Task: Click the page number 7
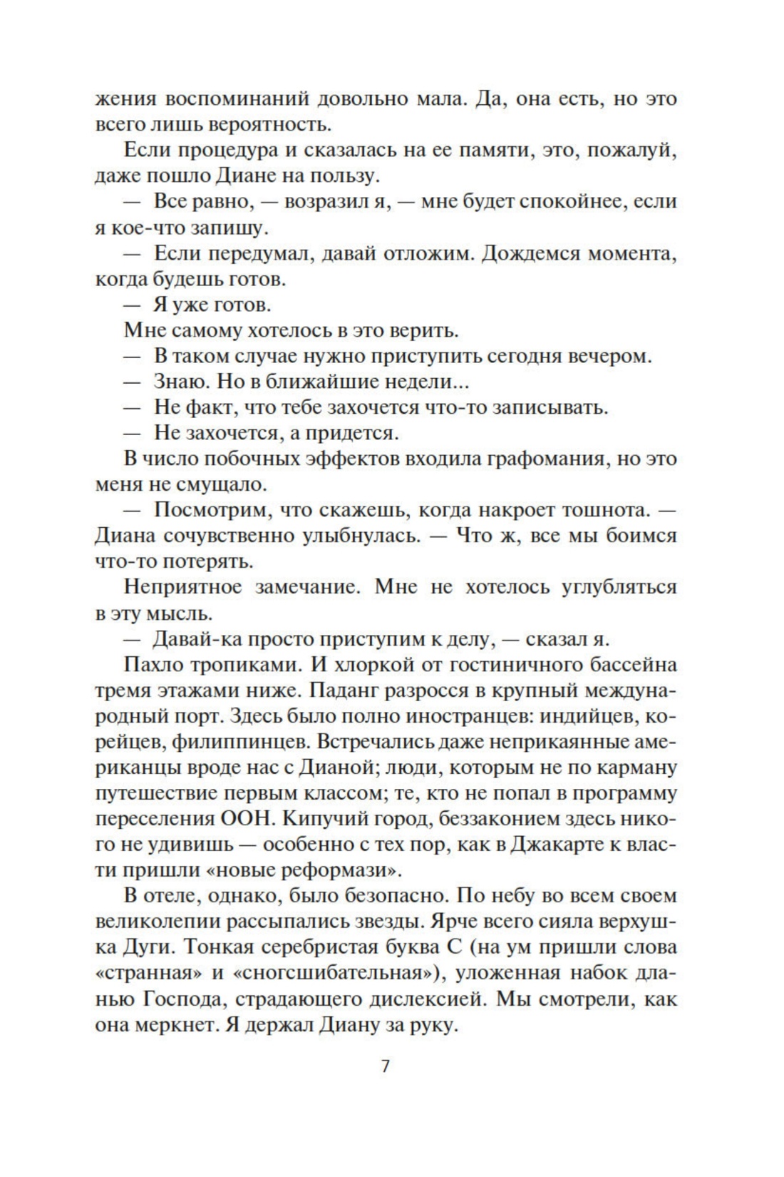click(x=386, y=1068)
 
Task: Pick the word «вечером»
click(x=609, y=356)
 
